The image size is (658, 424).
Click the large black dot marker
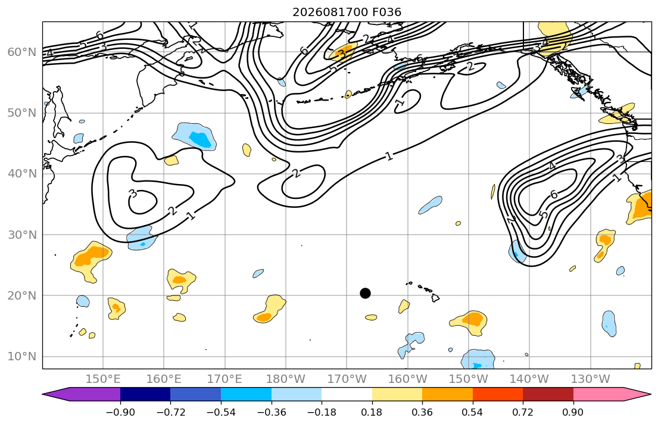tap(365, 293)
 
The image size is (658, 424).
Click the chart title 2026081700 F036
tap(347, 12)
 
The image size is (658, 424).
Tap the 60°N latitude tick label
tap(22, 52)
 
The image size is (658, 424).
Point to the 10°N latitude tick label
tap(22, 357)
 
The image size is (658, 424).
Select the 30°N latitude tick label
tap(22, 235)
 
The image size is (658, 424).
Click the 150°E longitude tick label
tap(103, 379)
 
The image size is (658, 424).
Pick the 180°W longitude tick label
tap(286, 379)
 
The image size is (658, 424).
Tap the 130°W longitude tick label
tap(591, 379)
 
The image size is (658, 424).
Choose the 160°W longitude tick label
tap(408, 379)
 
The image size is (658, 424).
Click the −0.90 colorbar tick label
tap(120, 412)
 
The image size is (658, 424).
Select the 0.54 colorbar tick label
tap(473, 412)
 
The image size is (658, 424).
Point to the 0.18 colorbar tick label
tap(372, 412)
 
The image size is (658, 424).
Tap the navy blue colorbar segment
tap(145, 394)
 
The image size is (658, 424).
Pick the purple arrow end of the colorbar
tap(82, 394)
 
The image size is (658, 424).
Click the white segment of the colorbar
tap(347, 394)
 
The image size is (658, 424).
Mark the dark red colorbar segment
tap(548, 394)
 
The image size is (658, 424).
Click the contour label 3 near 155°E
tap(133, 194)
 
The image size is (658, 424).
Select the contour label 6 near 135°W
tap(554, 194)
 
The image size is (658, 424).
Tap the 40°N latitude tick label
tap(22, 174)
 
